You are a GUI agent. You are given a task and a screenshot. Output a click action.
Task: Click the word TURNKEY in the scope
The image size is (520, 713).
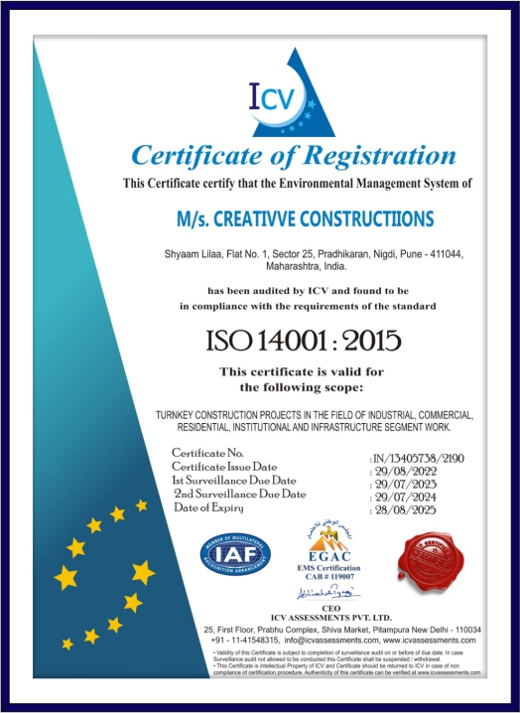pyautogui.click(x=179, y=413)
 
